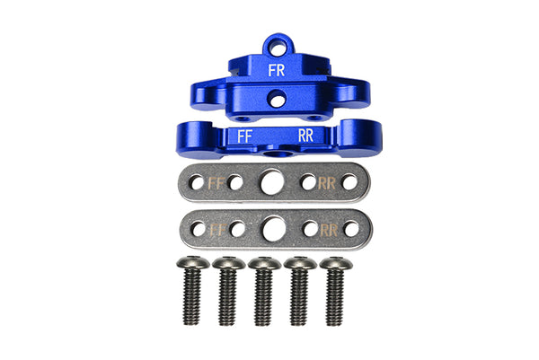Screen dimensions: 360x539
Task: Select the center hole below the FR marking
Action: point(278,100)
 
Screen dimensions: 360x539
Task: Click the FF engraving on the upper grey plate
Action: point(216,182)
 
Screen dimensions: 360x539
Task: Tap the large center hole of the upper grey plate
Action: point(270,182)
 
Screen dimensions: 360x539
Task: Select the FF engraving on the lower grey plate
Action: point(216,230)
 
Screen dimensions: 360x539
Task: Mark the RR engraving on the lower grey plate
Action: point(330,230)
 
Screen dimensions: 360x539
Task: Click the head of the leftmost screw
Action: point(192,263)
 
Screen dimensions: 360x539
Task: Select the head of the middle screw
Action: point(264,263)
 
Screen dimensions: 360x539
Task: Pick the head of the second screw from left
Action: point(228,263)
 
